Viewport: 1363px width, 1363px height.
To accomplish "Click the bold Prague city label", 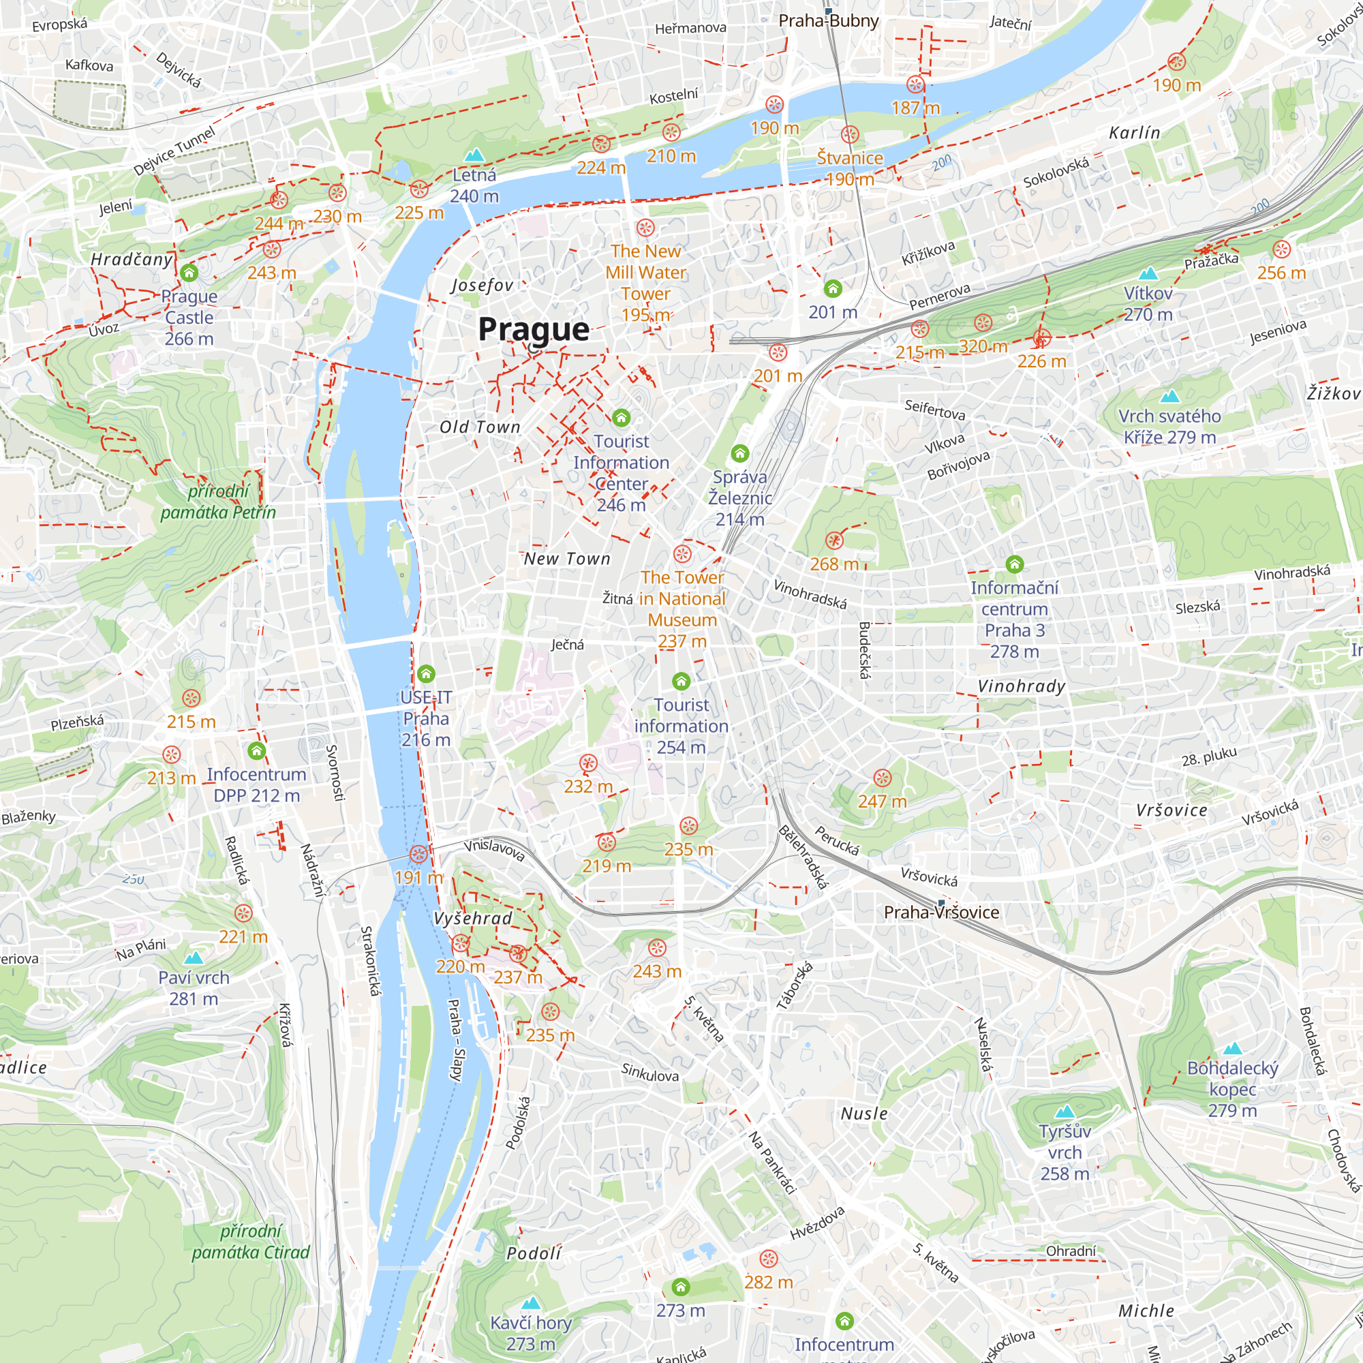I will coord(534,329).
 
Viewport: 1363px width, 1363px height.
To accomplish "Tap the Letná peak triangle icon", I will coord(475,155).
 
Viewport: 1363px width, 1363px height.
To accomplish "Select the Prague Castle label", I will coord(189,307).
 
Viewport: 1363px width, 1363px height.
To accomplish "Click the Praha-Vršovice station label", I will coord(941,913).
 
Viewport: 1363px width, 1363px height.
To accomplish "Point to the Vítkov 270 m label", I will coord(1148,303).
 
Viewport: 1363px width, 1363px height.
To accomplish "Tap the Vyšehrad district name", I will coord(473,919).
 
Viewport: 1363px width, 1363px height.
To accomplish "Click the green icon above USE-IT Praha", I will coord(426,673).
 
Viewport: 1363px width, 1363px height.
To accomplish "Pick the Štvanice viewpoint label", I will coord(849,158).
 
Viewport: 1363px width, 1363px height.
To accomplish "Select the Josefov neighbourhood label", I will coord(482,285).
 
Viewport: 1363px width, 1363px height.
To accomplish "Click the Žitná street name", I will coord(617,599).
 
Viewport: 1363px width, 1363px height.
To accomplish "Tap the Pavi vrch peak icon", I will coord(194,958).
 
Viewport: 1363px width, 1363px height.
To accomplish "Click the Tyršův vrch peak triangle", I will coord(1065,1112).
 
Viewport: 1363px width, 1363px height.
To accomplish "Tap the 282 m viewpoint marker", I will coord(768,1259).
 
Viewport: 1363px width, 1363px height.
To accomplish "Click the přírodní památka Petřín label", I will coord(218,502).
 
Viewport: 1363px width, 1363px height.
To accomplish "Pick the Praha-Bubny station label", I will coord(828,20).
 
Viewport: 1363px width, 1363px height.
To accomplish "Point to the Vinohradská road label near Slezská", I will coord(1291,573).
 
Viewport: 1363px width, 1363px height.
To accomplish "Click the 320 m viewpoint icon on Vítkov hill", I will coord(983,323).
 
